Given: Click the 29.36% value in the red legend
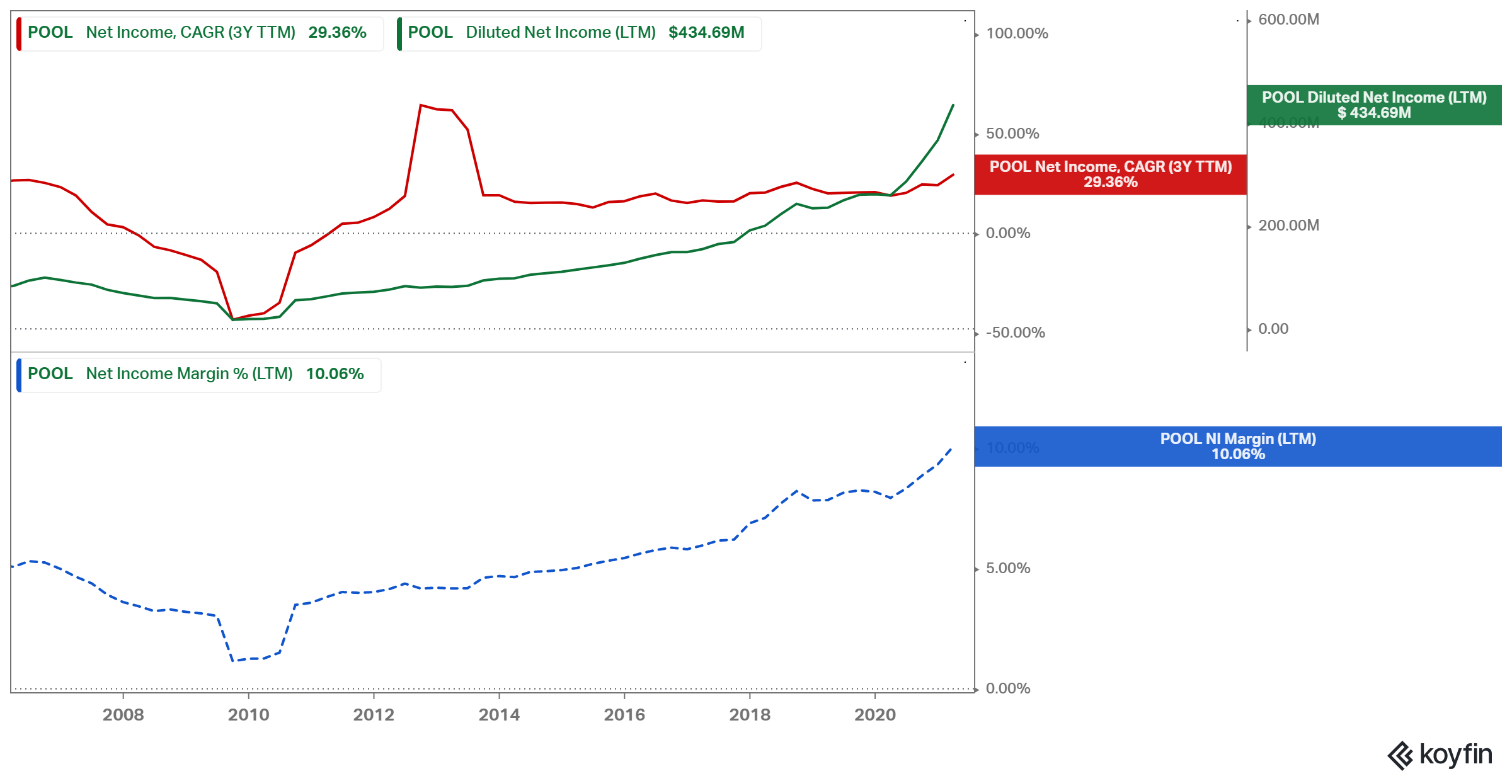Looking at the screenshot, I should [x=337, y=32].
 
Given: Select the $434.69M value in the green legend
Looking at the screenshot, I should [x=706, y=32].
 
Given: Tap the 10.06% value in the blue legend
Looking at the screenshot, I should [x=335, y=373].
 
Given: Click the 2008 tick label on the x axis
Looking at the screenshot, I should [x=123, y=714].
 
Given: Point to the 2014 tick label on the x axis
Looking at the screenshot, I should [x=499, y=714].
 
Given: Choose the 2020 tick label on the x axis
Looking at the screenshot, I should [x=874, y=714].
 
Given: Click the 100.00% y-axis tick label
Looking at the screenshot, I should [x=1017, y=33].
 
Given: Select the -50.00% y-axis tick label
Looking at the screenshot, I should [x=1015, y=333].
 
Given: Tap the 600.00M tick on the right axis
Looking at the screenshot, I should [x=1288, y=20].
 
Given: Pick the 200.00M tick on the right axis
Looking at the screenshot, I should [x=1288, y=225].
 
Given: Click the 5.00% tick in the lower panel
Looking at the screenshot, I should [x=1008, y=568].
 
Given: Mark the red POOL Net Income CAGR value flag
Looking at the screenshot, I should [x=1110, y=174].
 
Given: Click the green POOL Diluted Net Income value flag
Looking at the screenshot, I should [x=1373, y=105].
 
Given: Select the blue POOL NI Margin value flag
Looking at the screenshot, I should [x=1237, y=447].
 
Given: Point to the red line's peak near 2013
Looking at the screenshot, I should [x=421, y=105].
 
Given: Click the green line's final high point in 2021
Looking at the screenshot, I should [x=953, y=105].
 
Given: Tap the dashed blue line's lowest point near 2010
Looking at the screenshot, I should [x=233, y=661].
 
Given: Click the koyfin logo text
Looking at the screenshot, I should [x=1455, y=754].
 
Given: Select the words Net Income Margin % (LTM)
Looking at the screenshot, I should [x=189, y=373].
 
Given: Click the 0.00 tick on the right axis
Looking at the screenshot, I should [x=1273, y=329].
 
